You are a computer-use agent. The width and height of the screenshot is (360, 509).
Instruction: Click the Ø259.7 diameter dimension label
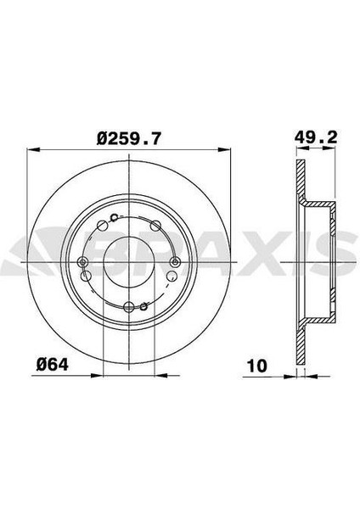click(129, 138)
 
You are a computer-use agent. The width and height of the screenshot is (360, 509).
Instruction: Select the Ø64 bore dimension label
click(53, 365)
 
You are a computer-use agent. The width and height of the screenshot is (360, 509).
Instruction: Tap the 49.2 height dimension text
click(316, 137)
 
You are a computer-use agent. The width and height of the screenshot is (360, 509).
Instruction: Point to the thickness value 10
click(257, 366)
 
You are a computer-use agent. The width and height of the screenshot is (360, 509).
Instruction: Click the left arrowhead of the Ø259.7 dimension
click(33, 149)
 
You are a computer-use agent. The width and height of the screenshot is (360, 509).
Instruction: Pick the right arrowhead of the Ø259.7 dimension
click(224, 149)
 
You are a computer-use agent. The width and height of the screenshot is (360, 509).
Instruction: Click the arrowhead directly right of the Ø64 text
click(97, 376)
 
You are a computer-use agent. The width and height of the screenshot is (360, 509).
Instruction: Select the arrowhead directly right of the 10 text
click(290, 377)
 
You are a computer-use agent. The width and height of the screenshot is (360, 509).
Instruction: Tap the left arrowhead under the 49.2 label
click(303, 148)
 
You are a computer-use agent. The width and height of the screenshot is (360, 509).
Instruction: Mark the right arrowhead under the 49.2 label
click(329, 148)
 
